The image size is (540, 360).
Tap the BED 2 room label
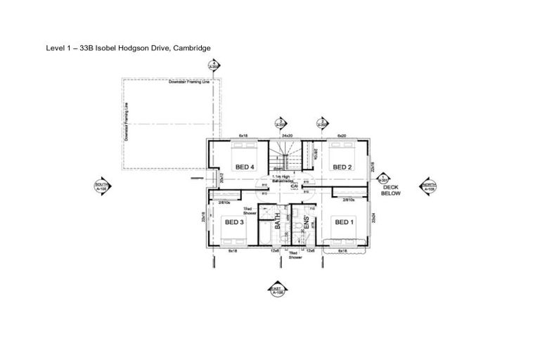[x=342, y=167]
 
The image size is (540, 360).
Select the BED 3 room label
[x=234, y=222]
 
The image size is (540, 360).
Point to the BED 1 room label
[x=344, y=222]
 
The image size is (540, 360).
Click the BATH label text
[x=278, y=223]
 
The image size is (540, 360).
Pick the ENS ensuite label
[x=307, y=224]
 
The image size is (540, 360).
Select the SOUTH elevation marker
[x=101, y=186]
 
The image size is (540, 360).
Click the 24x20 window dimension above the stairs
[x=287, y=135]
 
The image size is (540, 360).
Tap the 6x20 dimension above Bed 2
[x=342, y=135]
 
